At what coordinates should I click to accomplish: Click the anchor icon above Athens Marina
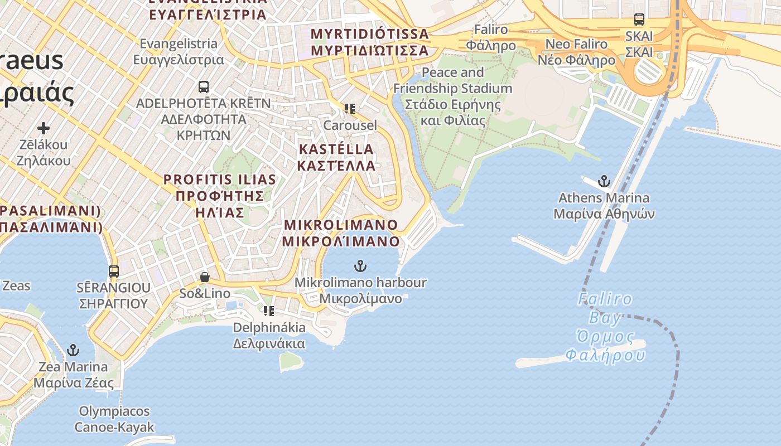[604, 181]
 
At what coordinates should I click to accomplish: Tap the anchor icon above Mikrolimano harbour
[360, 266]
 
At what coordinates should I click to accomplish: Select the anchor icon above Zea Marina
[73, 350]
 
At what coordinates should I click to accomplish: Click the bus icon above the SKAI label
[639, 20]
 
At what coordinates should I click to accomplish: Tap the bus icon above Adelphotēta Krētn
[204, 87]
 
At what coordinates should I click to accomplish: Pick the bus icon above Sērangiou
[114, 272]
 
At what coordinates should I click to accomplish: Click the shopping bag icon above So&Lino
[205, 277]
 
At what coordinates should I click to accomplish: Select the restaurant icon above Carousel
[350, 109]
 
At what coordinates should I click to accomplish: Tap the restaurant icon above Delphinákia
[269, 311]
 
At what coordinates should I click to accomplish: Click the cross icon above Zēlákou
[43, 128]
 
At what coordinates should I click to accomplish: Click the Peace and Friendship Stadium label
[452, 96]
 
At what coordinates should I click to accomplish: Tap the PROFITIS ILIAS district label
[220, 196]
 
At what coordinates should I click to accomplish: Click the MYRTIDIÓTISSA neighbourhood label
[369, 42]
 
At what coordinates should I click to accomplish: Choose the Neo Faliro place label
[576, 52]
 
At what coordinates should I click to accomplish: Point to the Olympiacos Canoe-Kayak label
[114, 419]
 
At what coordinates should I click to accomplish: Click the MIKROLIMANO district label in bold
[341, 233]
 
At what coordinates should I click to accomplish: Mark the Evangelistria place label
[179, 51]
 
